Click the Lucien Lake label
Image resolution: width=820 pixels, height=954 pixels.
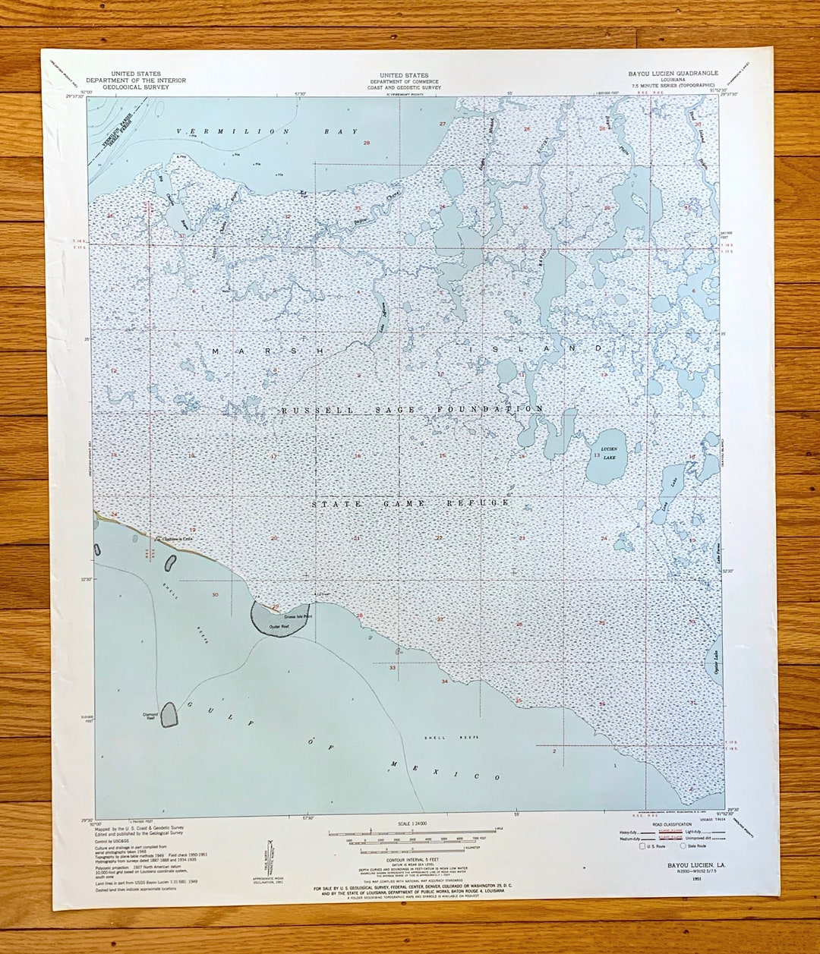(x=609, y=452)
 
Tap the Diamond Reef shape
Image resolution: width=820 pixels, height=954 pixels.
(x=169, y=714)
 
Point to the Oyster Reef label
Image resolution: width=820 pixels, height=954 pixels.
(x=279, y=627)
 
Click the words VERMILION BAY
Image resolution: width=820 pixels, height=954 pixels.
(x=267, y=132)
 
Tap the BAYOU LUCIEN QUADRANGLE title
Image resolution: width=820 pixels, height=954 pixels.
(x=673, y=74)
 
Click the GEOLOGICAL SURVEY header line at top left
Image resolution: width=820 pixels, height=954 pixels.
(x=135, y=87)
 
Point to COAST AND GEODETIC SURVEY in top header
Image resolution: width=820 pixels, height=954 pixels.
(x=404, y=87)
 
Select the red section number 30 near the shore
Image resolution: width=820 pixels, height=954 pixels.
(x=216, y=594)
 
